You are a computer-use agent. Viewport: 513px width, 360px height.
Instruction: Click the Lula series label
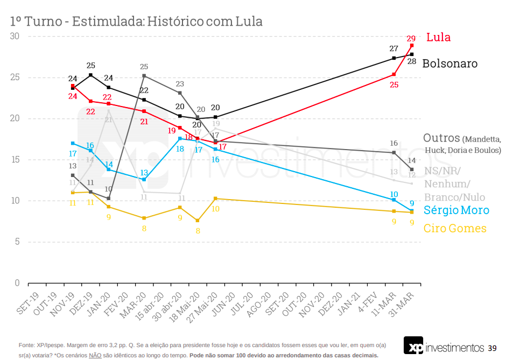pyautogui.click(x=438, y=38)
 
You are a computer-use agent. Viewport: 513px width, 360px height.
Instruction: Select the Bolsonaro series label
pyautogui.click(x=449, y=63)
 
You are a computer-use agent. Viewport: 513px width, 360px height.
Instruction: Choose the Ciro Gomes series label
pyautogui.click(x=455, y=228)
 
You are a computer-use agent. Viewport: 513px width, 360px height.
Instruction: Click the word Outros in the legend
pyautogui.click(x=441, y=138)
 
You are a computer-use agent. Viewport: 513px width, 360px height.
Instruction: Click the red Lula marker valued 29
pyautogui.click(x=412, y=46)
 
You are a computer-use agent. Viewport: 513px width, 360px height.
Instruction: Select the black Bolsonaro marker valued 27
pyautogui.click(x=394, y=58)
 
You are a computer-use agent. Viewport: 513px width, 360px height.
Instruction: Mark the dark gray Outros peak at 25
pyautogui.click(x=144, y=76)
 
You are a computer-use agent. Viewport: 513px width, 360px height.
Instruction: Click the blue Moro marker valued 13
pyautogui.click(x=144, y=179)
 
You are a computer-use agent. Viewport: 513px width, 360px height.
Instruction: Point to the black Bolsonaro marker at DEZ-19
pyautogui.click(x=90, y=75)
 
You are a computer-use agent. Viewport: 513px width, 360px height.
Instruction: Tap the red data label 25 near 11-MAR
pyautogui.click(x=394, y=84)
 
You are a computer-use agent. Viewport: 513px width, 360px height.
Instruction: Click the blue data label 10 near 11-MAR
pyautogui.click(x=394, y=194)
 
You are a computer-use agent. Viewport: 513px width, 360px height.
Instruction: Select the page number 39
pyautogui.click(x=492, y=348)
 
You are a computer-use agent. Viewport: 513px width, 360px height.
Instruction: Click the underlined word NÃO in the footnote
pyautogui.click(x=95, y=355)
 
